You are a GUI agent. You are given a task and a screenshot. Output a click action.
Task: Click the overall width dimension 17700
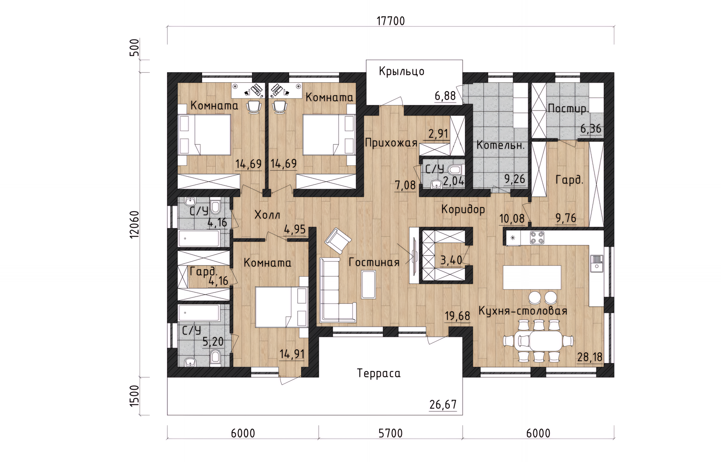[391, 21]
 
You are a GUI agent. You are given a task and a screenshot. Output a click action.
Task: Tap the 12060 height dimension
[134, 225]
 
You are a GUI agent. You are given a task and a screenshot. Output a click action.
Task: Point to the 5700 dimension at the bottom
[391, 433]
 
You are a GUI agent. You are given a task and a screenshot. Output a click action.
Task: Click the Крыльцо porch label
[401, 71]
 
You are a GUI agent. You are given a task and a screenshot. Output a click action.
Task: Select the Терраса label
[379, 373]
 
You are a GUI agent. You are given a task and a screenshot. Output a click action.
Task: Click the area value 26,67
[443, 405]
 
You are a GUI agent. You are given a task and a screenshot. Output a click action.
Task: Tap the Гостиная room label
[374, 262]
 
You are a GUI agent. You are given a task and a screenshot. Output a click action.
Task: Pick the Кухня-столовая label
[523, 311]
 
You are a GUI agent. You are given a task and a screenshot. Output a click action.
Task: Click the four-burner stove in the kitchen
[537, 238]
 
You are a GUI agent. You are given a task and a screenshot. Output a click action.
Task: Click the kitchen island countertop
[532, 277]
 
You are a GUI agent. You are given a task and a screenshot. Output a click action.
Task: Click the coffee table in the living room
[368, 285]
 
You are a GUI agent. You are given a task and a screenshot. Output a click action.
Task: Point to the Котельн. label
[500, 145]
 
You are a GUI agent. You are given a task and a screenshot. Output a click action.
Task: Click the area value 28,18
[590, 357]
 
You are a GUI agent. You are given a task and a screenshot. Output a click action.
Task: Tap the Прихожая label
[391, 143]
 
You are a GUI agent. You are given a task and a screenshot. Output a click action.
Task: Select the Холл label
[267, 215]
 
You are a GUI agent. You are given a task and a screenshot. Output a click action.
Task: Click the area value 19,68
[457, 316]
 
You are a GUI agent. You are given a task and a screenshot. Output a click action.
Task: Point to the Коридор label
[463, 209]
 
